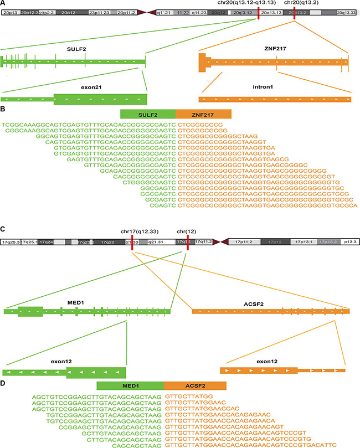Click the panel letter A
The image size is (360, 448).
[4, 4]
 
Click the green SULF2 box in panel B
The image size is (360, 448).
[148, 114]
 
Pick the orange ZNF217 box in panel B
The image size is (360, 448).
[203, 114]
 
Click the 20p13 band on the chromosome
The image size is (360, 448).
[11, 12]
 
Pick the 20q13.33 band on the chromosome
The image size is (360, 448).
[346, 12]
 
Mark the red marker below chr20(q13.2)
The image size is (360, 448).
[294, 12]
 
